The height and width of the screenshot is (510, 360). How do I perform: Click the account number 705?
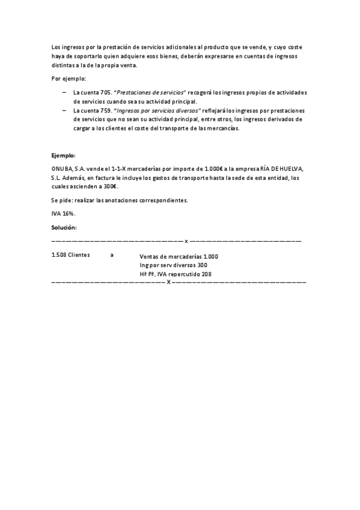point(106,93)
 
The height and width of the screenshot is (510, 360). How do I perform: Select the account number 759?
point(106,111)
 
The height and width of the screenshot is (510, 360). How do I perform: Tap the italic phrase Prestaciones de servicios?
point(151,93)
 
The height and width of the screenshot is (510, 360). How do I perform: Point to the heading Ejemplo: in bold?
point(64,155)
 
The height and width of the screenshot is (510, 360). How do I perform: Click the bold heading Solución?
point(64,227)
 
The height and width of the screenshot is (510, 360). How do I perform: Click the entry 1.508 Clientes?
point(71,255)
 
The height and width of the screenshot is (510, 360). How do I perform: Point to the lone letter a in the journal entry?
point(112,255)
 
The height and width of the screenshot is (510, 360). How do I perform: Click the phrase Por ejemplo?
point(69,79)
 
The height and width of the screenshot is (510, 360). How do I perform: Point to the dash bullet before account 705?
point(64,93)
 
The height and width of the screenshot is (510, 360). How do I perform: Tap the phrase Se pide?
point(64,200)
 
